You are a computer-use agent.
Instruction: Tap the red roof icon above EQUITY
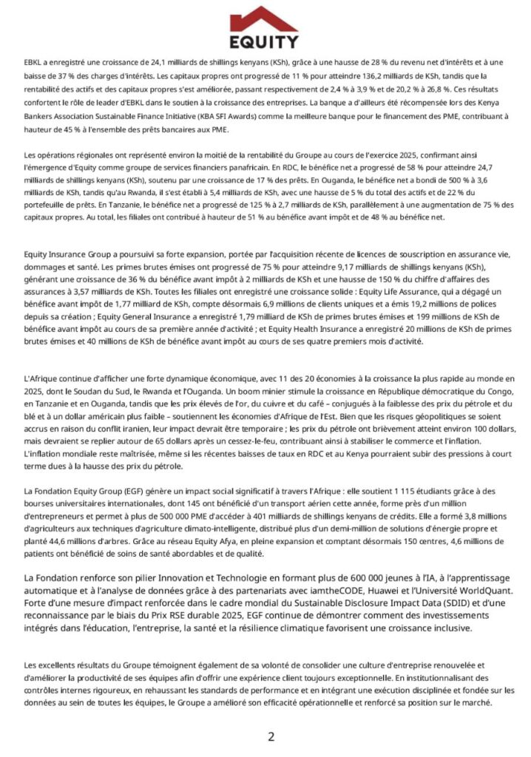[265, 18]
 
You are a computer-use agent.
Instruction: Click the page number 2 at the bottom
[271, 736]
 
